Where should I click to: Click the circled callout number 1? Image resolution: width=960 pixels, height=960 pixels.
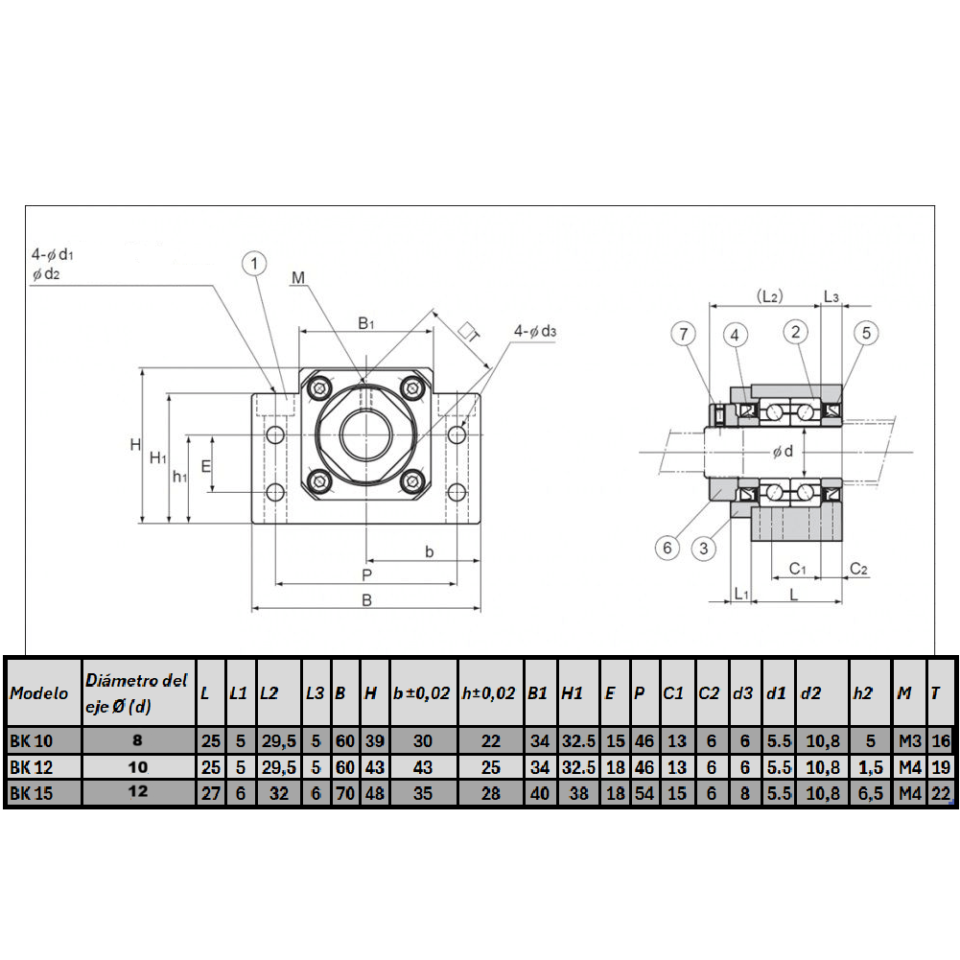coord(253,263)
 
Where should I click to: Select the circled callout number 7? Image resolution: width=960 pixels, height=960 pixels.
coord(683,334)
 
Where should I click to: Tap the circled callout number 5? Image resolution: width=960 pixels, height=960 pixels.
coord(866,333)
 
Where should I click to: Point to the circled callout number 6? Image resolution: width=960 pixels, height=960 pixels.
coord(667,548)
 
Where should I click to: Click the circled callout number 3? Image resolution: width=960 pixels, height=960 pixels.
coord(704,548)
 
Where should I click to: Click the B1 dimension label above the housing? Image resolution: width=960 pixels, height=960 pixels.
coord(366,323)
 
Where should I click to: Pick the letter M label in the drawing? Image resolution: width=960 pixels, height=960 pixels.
coord(298,278)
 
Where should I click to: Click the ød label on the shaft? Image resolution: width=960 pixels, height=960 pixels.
coord(783,451)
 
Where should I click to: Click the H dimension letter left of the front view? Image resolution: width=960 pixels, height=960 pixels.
coord(135,444)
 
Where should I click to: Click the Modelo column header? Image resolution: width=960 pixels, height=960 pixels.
coord(40,693)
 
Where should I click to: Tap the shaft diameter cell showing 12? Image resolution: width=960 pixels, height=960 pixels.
coord(140,792)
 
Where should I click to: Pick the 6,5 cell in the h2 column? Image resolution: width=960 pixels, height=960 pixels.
coord(870,793)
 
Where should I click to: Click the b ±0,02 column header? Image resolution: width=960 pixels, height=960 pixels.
coord(421,693)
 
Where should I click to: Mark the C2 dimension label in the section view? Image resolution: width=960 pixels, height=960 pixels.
coord(859,569)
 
